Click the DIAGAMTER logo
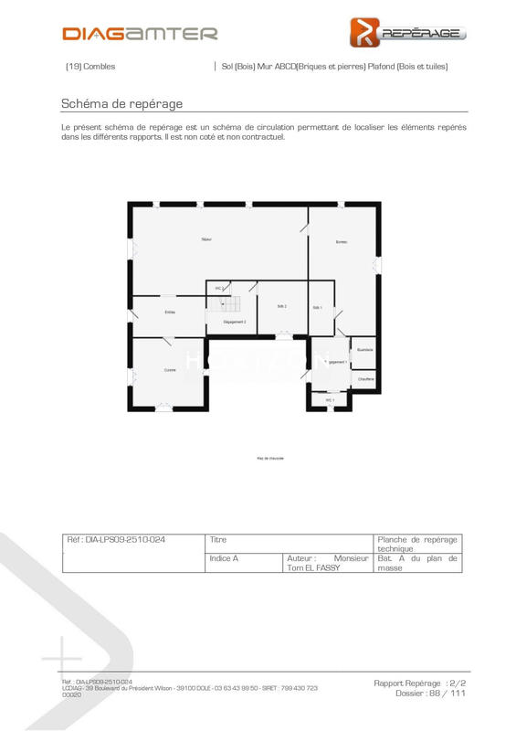[x=140, y=34]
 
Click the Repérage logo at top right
[x=408, y=32]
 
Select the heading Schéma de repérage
[x=121, y=103]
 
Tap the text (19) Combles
[x=90, y=67]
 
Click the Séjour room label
[x=207, y=239]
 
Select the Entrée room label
[x=170, y=313]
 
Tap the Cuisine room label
[x=170, y=370]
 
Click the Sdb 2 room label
[x=282, y=306]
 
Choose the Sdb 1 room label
[x=318, y=308]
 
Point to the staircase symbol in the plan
[x=235, y=304]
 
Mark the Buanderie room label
[x=364, y=349]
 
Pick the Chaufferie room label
[x=364, y=378]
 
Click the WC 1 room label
[x=331, y=400]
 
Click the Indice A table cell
[x=224, y=557]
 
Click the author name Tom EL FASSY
[x=311, y=567]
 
